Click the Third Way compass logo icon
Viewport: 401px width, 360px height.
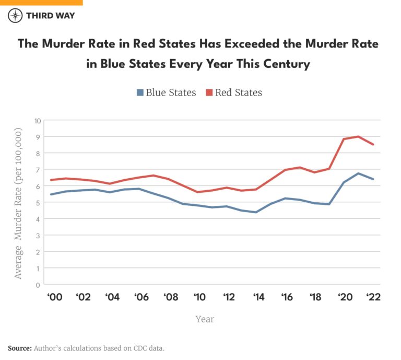click(15, 15)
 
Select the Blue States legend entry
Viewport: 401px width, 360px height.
click(166, 92)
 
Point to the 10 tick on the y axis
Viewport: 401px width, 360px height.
click(37, 120)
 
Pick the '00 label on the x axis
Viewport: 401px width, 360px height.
click(55, 297)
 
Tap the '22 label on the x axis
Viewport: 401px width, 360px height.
click(373, 297)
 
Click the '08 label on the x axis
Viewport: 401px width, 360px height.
click(171, 297)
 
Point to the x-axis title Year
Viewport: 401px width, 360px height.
click(205, 319)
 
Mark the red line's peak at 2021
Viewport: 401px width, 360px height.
click(358, 136)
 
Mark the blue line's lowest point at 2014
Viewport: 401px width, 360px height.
click(256, 212)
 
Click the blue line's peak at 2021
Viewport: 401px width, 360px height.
click(358, 173)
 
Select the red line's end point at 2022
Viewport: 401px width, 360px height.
click(373, 144)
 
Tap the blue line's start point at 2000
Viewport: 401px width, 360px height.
click(50, 194)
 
